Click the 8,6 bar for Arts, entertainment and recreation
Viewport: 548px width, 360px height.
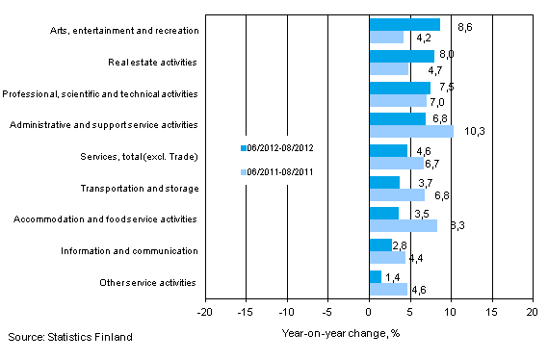[x=404, y=24]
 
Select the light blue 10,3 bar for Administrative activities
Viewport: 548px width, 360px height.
[x=410, y=131]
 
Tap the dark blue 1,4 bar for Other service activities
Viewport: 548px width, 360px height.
[x=375, y=277]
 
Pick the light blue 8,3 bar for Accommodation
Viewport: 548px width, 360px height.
[x=403, y=225]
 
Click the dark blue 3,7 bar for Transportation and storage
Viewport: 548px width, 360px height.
[x=383, y=182]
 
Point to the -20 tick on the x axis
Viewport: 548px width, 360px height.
[x=205, y=314]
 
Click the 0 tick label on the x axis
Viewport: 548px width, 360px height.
[x=369, y=314]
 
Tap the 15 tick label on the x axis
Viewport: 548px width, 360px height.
[x=491, y=314]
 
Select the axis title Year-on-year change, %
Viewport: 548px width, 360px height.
[x=334, y=334]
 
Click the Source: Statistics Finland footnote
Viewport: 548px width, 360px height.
[x=67, y=336]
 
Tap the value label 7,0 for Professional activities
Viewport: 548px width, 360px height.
[x=437, y=101]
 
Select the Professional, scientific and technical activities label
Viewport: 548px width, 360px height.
[x=101, y=93]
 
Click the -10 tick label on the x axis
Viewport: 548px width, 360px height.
[x=287, y=314]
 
